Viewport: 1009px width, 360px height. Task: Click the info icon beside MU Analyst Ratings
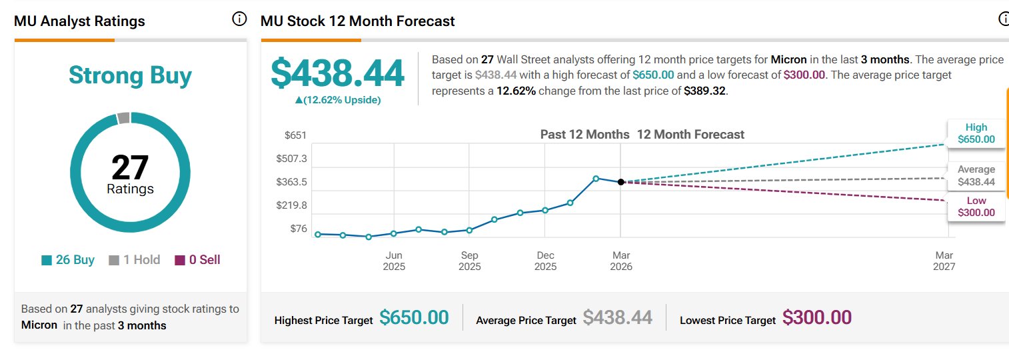pyautogui.click(x=239, y=19)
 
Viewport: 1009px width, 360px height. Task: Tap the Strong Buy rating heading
pyautogui.click(x=130, y=75)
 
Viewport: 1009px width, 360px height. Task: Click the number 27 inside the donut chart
pyautogui.click(x=130, y=167)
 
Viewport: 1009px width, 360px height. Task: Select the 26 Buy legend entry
pyautogui.click(x=68, y=260)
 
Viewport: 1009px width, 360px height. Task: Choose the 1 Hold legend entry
pyautogui.click(x=135, y=260)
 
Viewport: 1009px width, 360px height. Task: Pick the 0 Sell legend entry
pyautogui.click(x=197, y=260)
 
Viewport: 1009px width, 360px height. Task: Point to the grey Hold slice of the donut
pyautogui.click(x=123, y=118)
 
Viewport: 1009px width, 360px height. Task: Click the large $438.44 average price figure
pyautogui.click(x=337, y=74)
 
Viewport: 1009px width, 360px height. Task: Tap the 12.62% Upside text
pyautogui.click(x=337, y=100)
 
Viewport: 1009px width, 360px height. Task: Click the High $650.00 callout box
pyautogui.click(x=976, y=133)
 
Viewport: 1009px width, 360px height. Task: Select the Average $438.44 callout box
pyautogui.click(x=976, y=175)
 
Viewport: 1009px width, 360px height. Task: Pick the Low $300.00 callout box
pyautogui.click(x=976, y=207)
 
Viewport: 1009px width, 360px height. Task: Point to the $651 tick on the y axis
pyautogui.click(x=295, y=135)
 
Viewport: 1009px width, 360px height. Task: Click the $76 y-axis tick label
pyautogui.click(x=298, y=229)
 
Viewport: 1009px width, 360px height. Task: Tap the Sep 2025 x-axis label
pyautogui.click(x=469, y=261)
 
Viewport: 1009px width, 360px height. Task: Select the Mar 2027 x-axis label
pyautogui.click(x=944, y=261)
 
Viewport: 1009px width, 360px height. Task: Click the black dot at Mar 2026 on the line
pyautogui.click(x=620, y=181)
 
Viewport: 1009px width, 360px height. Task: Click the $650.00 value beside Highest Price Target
pyautogui.click(x=414, y=318)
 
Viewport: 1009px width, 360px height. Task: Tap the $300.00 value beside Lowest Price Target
pyautogui.click(x=816, y=318)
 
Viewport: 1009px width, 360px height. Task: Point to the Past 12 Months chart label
pyautogui.click(x=584, y=135)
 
